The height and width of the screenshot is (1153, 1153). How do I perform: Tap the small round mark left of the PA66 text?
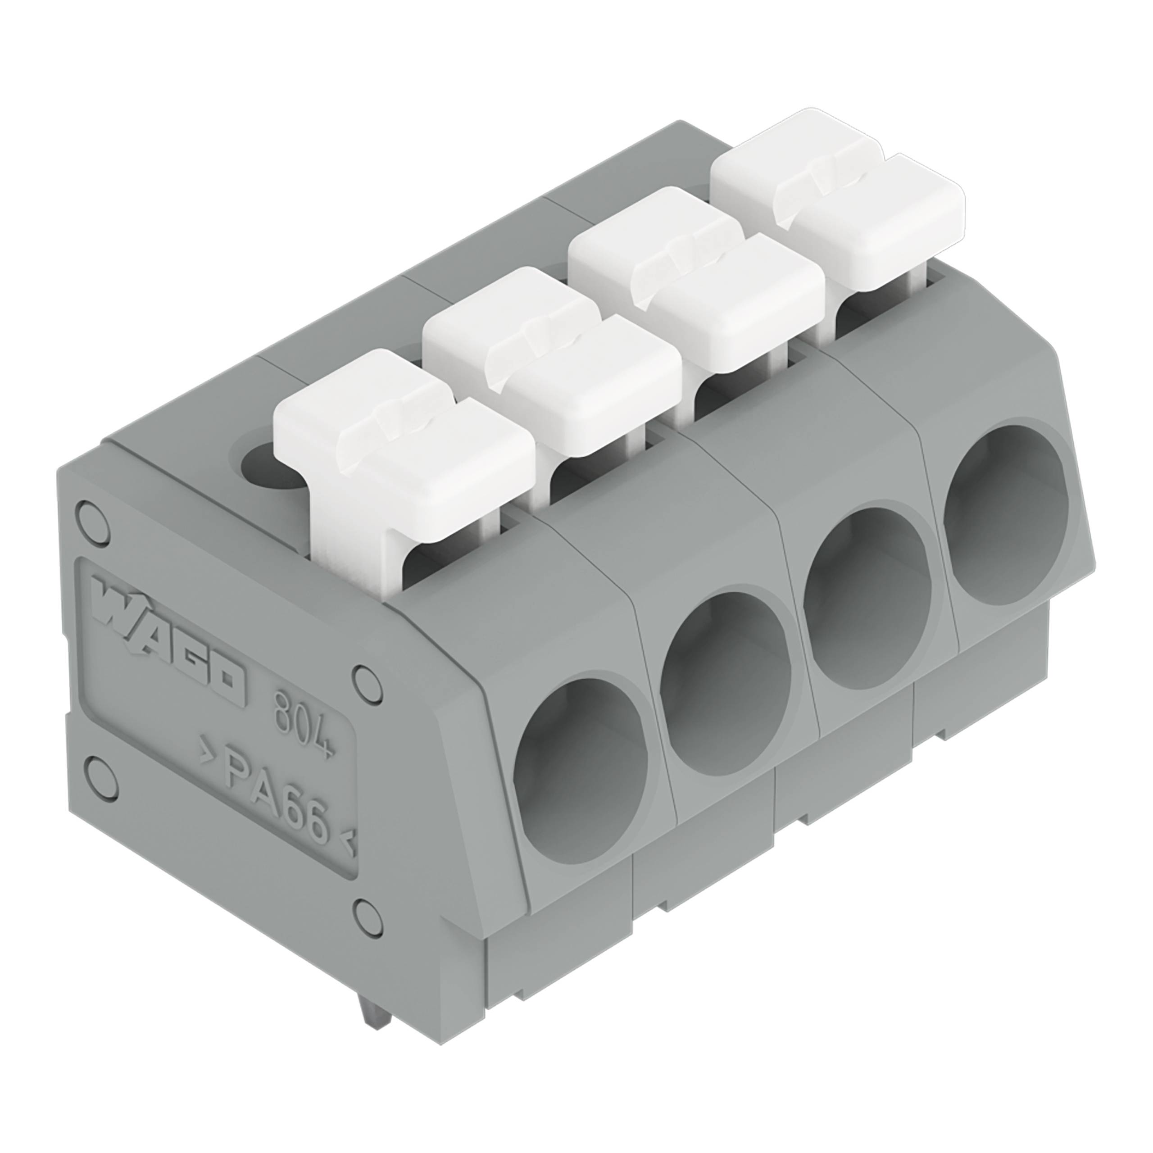(x=101, y=776)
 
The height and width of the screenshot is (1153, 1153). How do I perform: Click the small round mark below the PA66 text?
(x=365, y=928)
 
